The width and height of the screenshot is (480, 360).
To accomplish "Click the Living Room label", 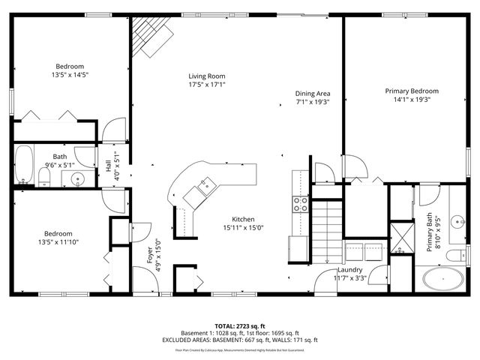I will pos(206,76).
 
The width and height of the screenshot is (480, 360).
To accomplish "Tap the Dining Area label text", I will pos(313,94).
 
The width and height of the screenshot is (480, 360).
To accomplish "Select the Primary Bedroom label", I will pos(412,91).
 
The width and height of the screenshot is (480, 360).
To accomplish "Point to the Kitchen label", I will pos(244,218).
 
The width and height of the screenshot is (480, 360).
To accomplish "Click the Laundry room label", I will pos(350,270).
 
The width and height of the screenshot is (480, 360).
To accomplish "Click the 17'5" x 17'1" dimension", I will pos(206,85).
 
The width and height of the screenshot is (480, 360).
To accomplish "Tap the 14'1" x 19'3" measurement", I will pos(412,99).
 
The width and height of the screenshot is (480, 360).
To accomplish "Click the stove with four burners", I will pos(300,205).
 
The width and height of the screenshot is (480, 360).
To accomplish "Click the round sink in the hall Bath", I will pos(76,179).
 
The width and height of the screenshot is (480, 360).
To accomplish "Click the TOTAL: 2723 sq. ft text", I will pos(240,326).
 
